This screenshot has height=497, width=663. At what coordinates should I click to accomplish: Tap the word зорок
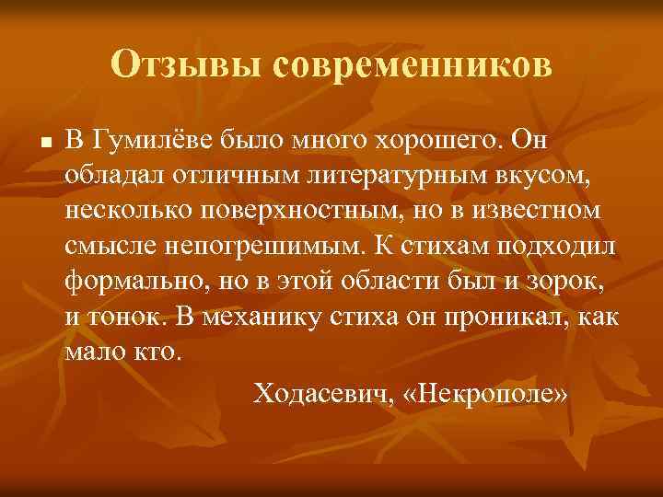point(568,280)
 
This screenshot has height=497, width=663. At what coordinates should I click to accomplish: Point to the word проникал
point(506,315)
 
